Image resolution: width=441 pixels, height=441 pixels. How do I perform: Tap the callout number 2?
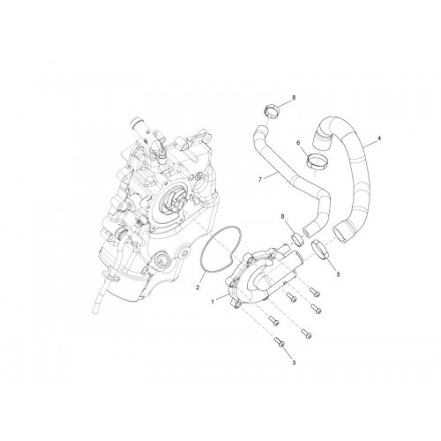click(x=198, y=287)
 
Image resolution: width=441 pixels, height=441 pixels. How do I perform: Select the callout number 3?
click(x=294, y=363)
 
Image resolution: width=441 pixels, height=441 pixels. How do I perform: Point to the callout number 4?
click(x=379, y=138)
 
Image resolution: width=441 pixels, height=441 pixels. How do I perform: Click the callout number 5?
click(x=338, y=274)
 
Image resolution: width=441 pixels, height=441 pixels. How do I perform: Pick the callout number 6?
click(x=298, y=143)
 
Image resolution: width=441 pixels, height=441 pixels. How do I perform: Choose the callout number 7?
click(x=260, y=179)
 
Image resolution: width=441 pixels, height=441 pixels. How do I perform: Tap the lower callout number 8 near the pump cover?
click(x=283, y=217)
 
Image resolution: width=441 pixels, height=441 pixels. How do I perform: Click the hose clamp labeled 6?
click(x=318, y=161)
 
